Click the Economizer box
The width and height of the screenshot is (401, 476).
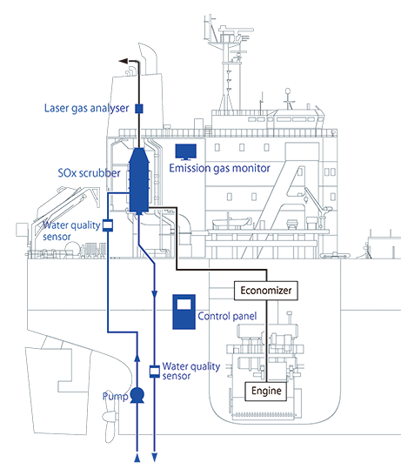tap(265, 291)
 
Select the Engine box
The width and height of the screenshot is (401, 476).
tap(266, 391)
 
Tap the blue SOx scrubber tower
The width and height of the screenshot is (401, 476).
tap(138, 181)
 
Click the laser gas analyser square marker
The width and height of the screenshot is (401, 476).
tap(138, 109)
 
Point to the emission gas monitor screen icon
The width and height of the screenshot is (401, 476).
tap(186, 151)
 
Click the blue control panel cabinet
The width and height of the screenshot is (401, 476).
tap(184, 312)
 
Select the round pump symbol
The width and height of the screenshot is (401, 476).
tap(137, 396)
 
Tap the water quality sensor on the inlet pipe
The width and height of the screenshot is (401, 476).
tap(108, 225)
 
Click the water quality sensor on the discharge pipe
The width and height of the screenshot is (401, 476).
tap(155, 372)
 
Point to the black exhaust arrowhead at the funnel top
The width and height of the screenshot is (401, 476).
tap(124, 61)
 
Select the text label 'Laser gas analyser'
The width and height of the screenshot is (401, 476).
tap(86, 109)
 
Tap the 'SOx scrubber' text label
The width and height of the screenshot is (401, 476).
tap(89, 173)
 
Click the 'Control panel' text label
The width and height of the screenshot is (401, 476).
tap(227, 316)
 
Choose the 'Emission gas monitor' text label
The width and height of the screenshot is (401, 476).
tap(219, 168)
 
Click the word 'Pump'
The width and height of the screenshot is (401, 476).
tap(116, 396)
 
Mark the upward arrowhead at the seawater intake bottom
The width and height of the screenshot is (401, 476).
tap(137, 458)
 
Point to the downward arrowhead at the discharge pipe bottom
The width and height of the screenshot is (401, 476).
tap(155, 458)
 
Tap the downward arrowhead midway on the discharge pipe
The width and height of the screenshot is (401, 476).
tap(155, 294)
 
